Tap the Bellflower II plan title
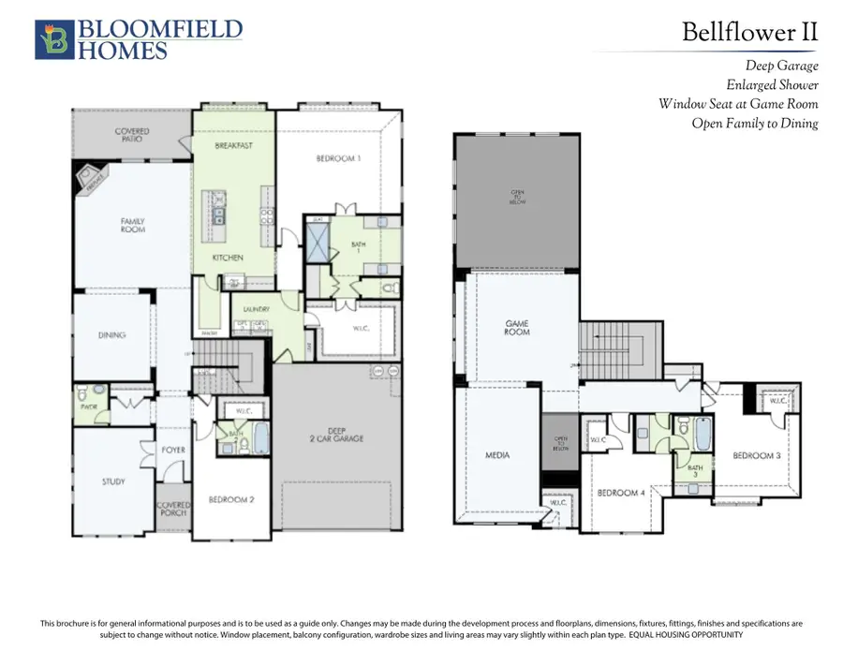pos(749,33)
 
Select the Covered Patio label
pos(132,136)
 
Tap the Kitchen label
pos(228,258)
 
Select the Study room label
pos(112,481)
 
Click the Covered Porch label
pos(173,509)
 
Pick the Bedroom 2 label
pos(230,499)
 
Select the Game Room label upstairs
pos(517,328)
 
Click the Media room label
pos(497,455)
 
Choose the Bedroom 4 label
pos(620,493)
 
